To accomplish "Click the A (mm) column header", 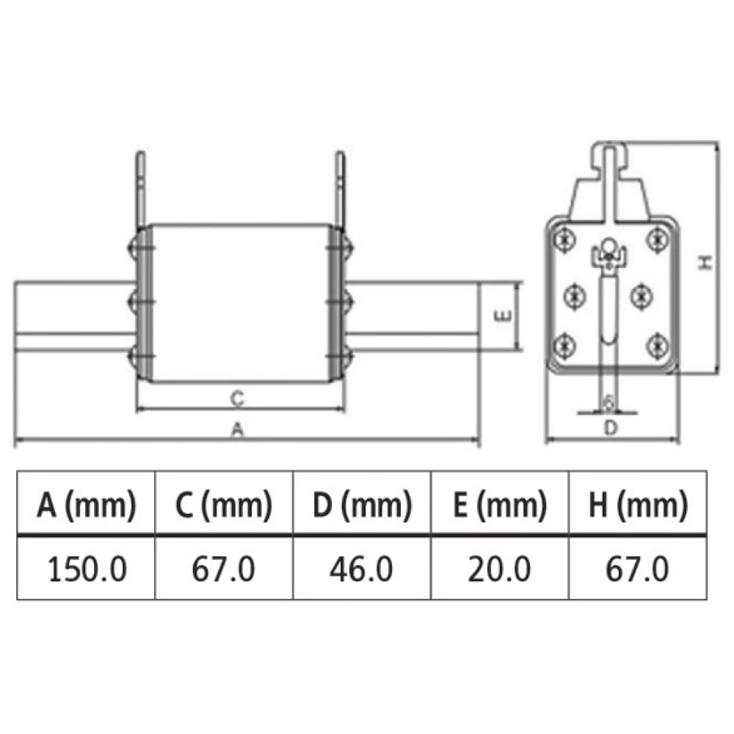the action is [87, 505].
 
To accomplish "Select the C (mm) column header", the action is [224, 505].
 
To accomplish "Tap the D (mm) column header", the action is [363, 505].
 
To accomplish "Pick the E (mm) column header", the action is [500, 505].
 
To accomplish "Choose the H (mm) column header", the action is [638, 505].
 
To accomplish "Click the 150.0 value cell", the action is [87, 570].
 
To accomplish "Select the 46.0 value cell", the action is [361, 570].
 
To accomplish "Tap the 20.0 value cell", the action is [499, 570].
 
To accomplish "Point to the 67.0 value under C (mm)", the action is [223, 570].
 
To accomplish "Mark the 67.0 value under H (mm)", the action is [637, 570].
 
